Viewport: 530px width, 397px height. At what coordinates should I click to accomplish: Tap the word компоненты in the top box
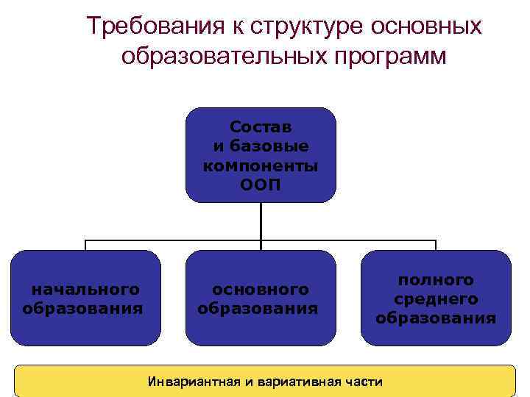[261, 165]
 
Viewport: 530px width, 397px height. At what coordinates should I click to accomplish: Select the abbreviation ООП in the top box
[261, 184]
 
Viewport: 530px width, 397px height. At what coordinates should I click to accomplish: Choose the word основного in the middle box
[260, 289]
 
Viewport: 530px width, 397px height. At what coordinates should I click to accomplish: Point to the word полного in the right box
[436, 280]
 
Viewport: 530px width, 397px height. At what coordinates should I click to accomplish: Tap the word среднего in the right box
[436, 298]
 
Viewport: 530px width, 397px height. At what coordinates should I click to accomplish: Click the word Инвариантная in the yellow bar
[190, 382]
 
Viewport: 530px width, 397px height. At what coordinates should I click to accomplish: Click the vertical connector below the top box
[261, 221]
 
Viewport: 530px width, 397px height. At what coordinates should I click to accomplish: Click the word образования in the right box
[436, 318]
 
